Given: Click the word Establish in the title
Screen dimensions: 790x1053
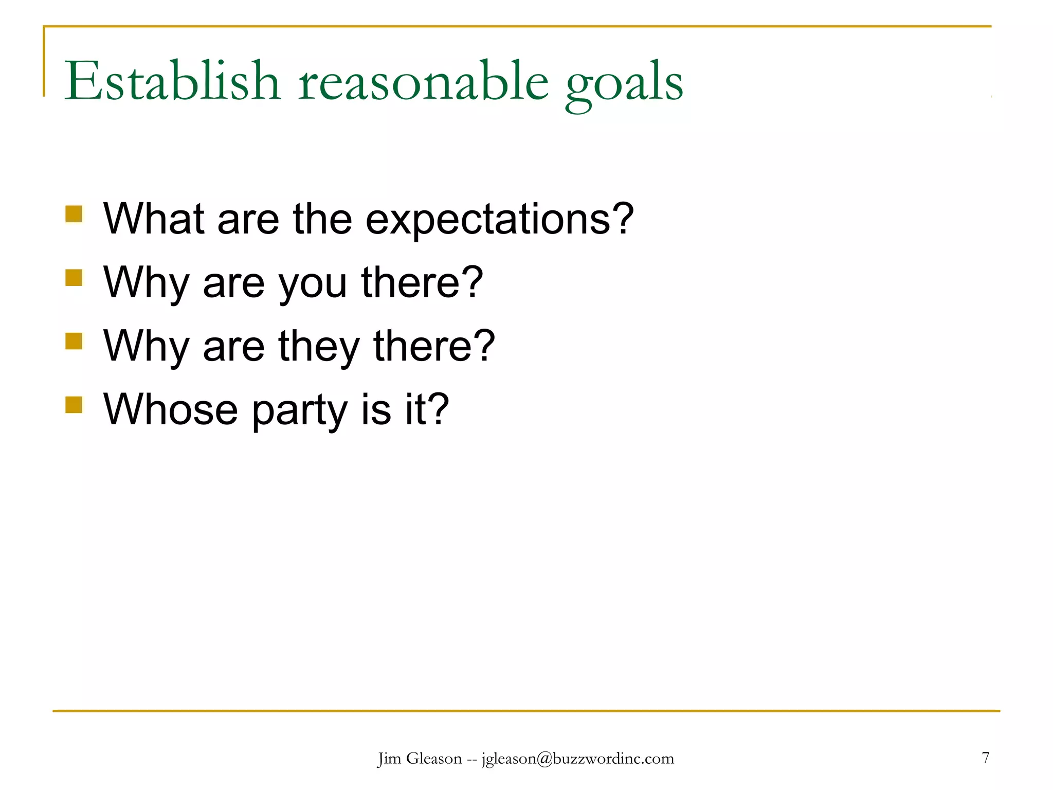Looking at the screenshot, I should tap(172, 81).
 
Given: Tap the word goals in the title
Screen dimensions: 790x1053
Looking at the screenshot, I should tap(624, 85).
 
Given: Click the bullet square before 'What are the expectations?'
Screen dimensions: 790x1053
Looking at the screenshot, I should tap(74, 214).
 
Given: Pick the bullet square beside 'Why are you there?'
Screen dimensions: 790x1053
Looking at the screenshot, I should tap(74, 278).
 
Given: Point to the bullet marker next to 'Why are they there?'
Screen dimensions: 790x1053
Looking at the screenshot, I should tap(74, 341).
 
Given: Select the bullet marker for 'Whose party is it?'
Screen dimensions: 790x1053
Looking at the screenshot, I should tap(74, 405).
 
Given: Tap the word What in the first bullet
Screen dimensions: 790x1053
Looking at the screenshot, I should tap(153, 219).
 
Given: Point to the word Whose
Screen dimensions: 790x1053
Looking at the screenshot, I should tap(170, 409).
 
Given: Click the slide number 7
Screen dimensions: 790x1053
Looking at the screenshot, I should tap(985, 758).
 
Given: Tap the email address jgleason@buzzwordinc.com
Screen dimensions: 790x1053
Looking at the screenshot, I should tap(577, 759).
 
